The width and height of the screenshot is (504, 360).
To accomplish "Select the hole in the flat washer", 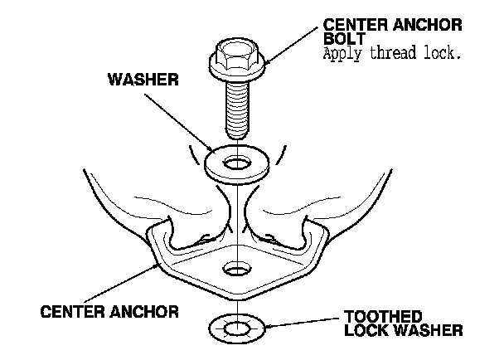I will tap(238, 160).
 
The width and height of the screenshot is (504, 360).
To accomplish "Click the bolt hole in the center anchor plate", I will tap(237, 270).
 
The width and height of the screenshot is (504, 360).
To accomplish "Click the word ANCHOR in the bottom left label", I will tap(144, 313).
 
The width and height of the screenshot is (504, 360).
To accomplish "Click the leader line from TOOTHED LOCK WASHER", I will tap(298, 327).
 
